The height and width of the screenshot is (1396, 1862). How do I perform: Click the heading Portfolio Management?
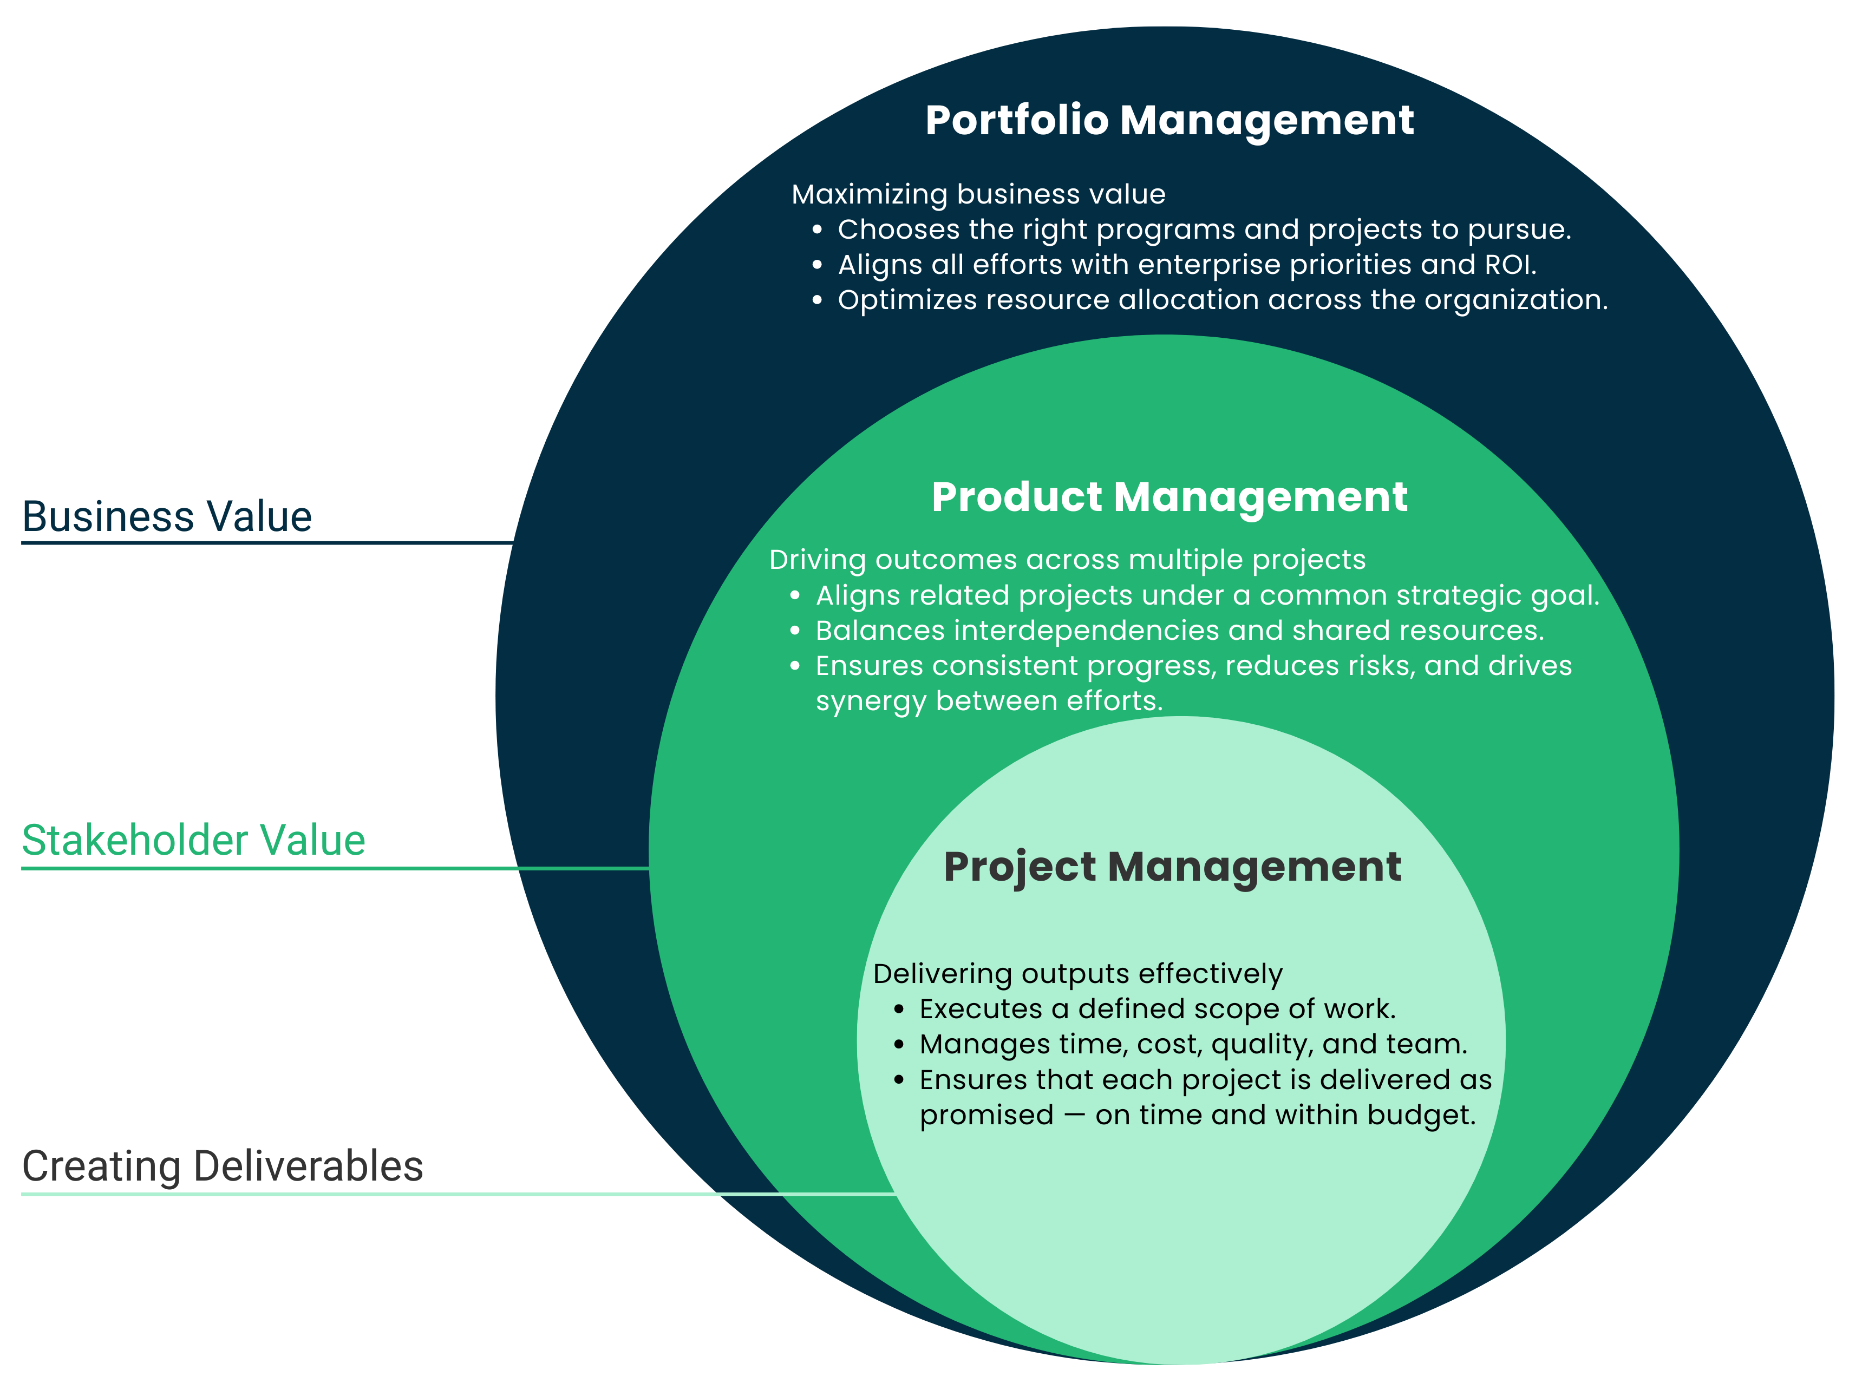pyautogui.click(x=1169, y=120)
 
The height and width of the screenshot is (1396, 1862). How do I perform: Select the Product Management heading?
pyautogui.click(x=1169, y=497)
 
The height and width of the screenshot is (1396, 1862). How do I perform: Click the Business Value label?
pyautogui.click(x=167, y=516)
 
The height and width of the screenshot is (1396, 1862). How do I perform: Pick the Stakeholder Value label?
pyautogui.click(x=194, y=841)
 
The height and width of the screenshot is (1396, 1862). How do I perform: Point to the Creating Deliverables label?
pyautogui.click(x=222, y=1166)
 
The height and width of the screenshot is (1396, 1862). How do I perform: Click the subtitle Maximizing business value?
pyautogui.click(x=978, y=194)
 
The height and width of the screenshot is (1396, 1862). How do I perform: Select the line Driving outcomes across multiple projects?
pyautogui.click(x=1067, y=560)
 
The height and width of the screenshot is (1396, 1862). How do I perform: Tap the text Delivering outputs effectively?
pyautogui.click(x=1077, y=974)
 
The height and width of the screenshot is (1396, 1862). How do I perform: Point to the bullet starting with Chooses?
pyautogui.click(x=1204, y=230)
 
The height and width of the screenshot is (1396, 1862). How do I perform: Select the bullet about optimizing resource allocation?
pyautogui.click(x=1222, y=300)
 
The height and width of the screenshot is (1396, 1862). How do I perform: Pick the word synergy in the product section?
pyautogui.click(x=871, y=702)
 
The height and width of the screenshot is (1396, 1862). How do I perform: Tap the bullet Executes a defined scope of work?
pyautogui.click(x=1158, y=1009)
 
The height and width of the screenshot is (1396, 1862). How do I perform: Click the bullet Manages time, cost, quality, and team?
pyautogui.click(x=1193, y=1044)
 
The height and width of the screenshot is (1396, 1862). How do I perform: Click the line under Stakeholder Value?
pyautogui.click(x=337, y=868)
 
